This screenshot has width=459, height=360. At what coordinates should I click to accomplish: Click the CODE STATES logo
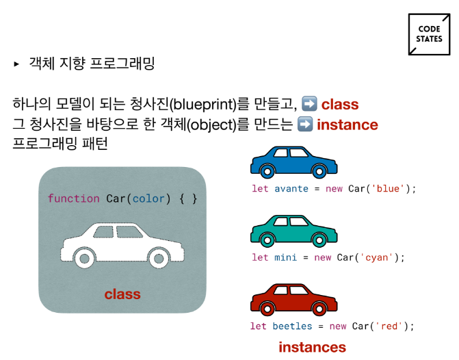pos(429,35)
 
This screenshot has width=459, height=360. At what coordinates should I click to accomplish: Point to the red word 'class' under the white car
pos(122,294)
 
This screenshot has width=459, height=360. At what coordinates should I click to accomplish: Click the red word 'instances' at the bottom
pos(312,347)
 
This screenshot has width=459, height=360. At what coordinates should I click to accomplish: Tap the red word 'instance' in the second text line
pos(347,125)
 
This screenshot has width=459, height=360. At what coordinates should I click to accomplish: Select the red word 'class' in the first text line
pos(340,105)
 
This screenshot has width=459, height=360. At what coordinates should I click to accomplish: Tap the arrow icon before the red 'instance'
pos(305,125)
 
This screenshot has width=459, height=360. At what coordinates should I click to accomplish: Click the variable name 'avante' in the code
pos(291,188)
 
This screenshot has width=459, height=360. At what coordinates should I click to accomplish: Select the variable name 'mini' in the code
pos(285,257)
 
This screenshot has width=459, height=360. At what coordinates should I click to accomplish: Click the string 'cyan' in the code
pos(377,257)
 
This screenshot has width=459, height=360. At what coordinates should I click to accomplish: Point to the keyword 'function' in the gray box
pos(74,198)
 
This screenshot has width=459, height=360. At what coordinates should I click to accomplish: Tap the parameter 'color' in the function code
pos(149,198)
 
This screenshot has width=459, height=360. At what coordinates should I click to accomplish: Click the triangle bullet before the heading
pos(16,64)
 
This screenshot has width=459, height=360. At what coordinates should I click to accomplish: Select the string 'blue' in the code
pos(388,188)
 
